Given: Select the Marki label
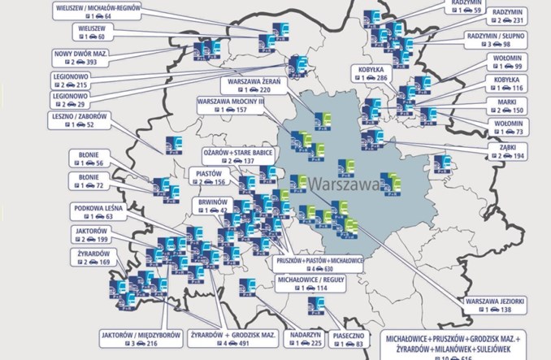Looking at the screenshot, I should tap(518, 101).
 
